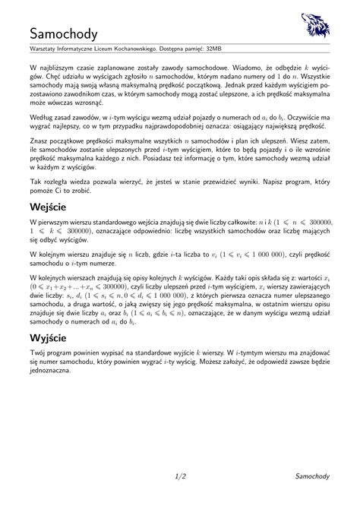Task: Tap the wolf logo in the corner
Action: pyautogui.click(x=315, y=26)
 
